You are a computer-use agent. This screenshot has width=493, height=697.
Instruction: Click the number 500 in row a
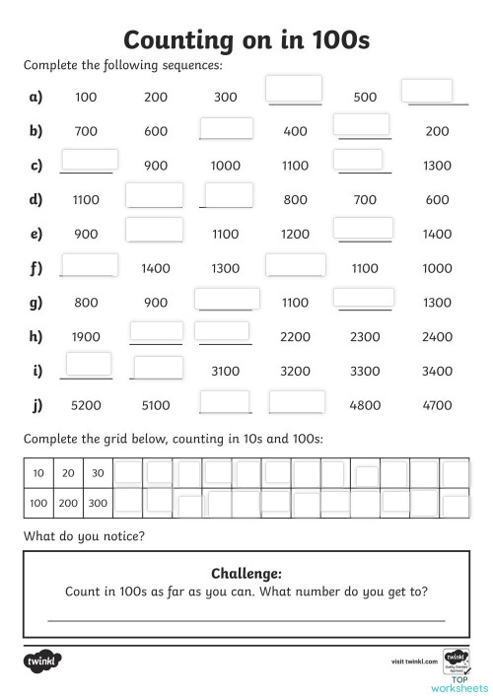point(366,97)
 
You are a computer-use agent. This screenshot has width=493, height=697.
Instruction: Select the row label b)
point(36,131)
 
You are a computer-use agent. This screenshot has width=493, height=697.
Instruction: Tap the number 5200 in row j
point(86,405)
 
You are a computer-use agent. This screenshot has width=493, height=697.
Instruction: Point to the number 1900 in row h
point(86,337)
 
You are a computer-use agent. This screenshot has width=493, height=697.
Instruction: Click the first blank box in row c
point(90,160)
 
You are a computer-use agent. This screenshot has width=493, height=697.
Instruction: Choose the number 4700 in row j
point(437,405)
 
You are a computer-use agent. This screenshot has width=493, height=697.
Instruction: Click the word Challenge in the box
point(246,574)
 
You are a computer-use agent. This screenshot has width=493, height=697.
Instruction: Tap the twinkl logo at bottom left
point(43,659)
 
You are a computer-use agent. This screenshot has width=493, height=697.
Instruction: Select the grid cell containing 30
point(97,474)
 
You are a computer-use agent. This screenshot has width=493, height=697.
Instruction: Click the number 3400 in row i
point(437,372)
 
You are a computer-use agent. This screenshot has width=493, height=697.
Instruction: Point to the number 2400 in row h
point(437,337)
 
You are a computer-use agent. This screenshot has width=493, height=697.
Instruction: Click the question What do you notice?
point(84,536)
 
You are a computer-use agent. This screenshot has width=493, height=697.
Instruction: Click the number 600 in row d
point(437,200)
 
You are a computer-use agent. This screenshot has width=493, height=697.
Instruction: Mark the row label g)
point(36,303)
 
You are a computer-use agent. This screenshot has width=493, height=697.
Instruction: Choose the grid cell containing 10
point(38,474)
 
